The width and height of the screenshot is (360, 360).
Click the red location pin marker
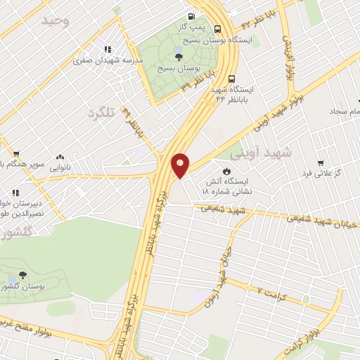(x=181, y=166)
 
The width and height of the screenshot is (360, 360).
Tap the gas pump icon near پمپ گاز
(x=191, y=17)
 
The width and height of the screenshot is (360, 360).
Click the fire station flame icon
(x=226, y=171)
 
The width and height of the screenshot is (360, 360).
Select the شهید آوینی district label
(x=258, y=154)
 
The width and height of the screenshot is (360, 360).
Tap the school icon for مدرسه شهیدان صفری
(x=108, y=49)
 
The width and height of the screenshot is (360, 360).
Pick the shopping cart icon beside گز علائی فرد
(x=321, y=162)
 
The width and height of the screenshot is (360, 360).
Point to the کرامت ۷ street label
(x=271, y=291)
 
